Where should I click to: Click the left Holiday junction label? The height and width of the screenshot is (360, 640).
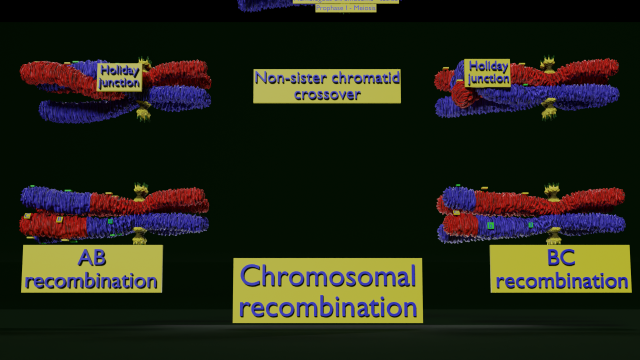click(x=119, y=77)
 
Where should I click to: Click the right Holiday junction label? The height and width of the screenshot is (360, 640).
click(x=488, y=72)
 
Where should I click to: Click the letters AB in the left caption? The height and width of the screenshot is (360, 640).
click(x=91, y=258)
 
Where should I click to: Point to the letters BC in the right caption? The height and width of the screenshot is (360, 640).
click(x=560, y=259)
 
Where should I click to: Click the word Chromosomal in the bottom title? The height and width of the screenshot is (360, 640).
click(x=328, y=276)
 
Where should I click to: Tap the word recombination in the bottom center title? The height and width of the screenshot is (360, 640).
click(x=328, y=307)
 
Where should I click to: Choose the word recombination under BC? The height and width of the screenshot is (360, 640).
click(x=560, y=281)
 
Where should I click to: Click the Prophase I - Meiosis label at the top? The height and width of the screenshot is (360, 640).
click(x=345, y=8)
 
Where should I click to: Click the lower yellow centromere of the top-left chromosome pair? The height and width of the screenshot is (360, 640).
click(x=142, y=114)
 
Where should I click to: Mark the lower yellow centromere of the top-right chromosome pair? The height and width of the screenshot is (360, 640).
click(x=547, y=111)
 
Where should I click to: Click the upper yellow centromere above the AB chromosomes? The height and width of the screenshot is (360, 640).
click(x=141, y=187)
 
